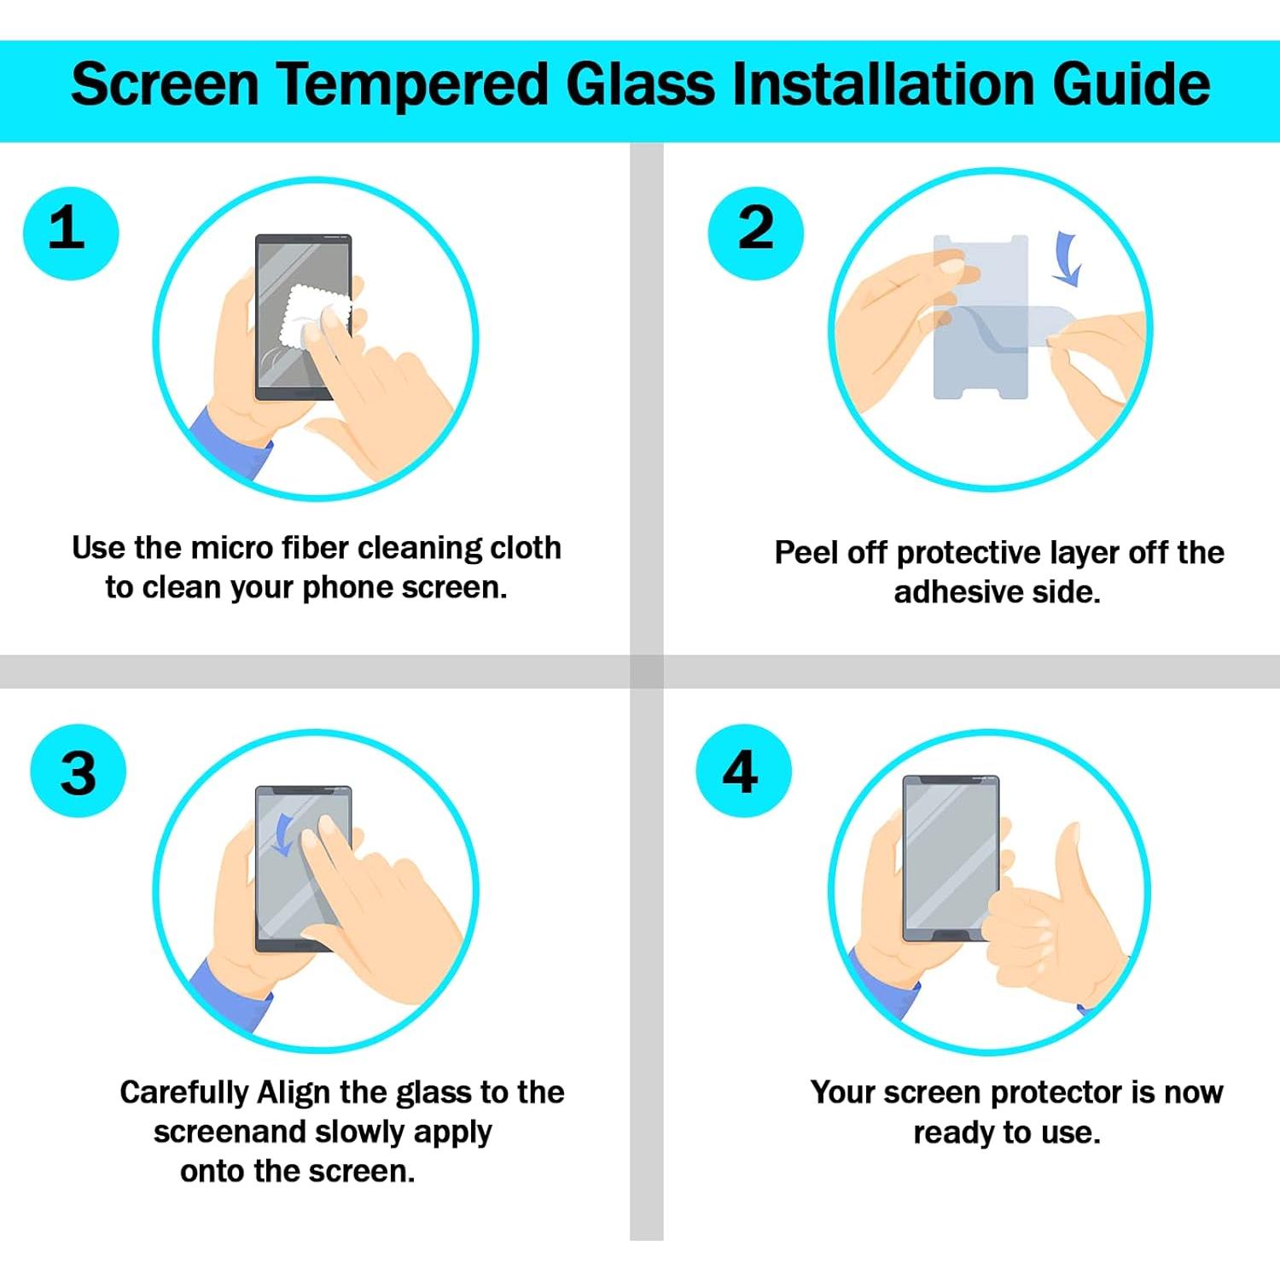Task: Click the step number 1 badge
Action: pyautogui.click(x=70, y=233)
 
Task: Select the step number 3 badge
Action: pyautogui.click(x=78, y=771)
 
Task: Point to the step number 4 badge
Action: pyautogui.click(x=742, y=771)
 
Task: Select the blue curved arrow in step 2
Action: pyautogui.click(x=1066, y=259)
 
